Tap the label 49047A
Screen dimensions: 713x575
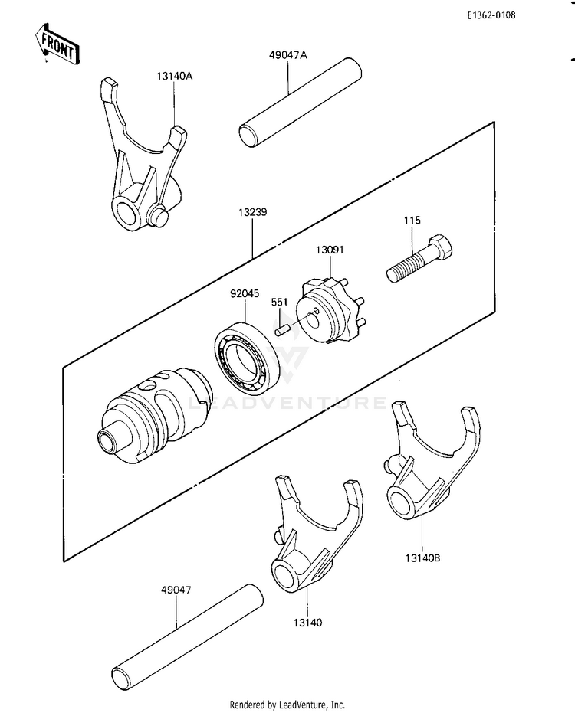287,54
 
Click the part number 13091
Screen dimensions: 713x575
330,249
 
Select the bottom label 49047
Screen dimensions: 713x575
176,590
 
